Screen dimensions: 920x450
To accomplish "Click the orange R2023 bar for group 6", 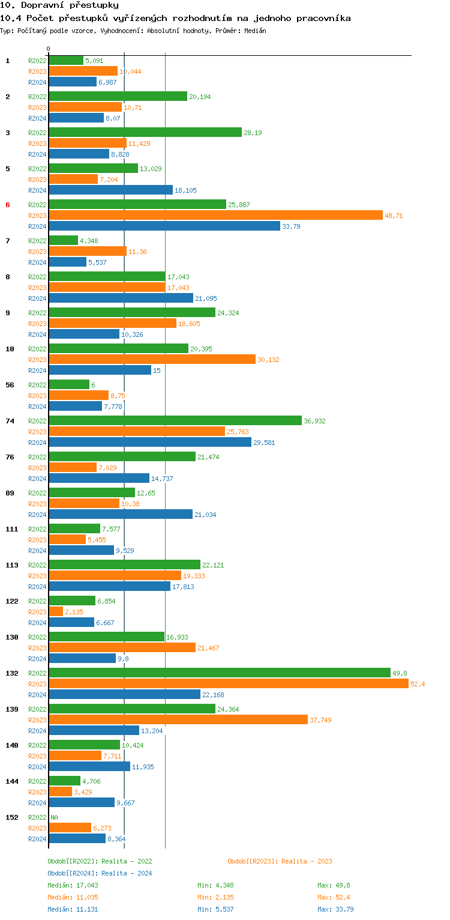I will coord(215,215).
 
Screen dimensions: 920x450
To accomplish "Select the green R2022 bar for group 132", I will coord(220,673).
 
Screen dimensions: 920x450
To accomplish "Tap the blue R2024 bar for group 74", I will coord(150,442).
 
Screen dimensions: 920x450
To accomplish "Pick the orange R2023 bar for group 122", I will coord(56,611).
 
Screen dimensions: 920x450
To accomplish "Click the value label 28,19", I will coord(253,133).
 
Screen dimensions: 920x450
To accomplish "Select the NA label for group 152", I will coord(54,817).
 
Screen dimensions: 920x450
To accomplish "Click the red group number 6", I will coord(8,205).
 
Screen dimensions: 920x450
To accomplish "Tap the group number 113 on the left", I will coord(12,565).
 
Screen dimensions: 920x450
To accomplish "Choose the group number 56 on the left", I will coord(10,385).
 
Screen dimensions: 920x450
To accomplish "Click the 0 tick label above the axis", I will coord(49,49).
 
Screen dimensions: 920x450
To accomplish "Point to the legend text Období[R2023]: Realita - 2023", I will coord(280,861).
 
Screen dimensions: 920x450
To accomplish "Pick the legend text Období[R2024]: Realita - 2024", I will coord(100,873).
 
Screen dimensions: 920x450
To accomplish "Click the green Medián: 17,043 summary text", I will coord(73,885).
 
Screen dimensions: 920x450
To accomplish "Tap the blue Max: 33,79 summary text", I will coord(335,909).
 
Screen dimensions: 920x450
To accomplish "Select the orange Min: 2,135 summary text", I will coord(215,897).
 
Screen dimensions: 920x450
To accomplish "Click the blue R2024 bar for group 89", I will coord(121,514).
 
